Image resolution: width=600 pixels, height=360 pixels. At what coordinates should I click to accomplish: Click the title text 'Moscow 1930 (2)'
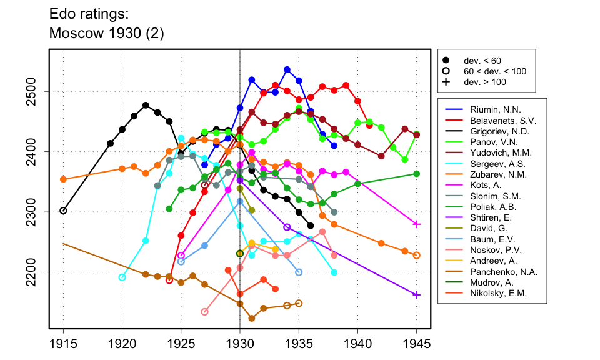coord(106,34)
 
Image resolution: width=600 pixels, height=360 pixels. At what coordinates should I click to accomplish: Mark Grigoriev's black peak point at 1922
coord(146,105)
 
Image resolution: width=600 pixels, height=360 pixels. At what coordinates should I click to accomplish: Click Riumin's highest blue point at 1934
coord(287,69)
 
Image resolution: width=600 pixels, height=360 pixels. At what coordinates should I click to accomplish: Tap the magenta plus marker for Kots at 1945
coord(416,224)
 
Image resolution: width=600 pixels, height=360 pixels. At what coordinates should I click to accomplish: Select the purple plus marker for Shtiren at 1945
coord(416,295)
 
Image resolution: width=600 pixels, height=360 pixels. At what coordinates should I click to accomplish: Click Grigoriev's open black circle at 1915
coord(63,211)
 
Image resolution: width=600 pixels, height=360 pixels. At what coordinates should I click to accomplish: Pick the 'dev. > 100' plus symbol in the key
coord(446,82)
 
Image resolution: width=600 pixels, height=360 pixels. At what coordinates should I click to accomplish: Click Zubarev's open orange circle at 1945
coord(416,255)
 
